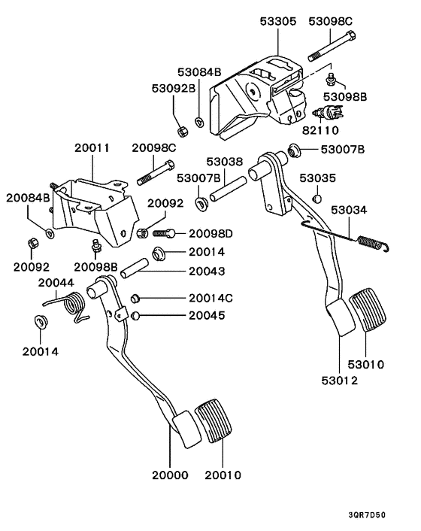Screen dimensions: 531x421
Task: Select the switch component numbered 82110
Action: click(328, 114)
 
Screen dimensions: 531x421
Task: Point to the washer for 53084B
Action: click(198, 121)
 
